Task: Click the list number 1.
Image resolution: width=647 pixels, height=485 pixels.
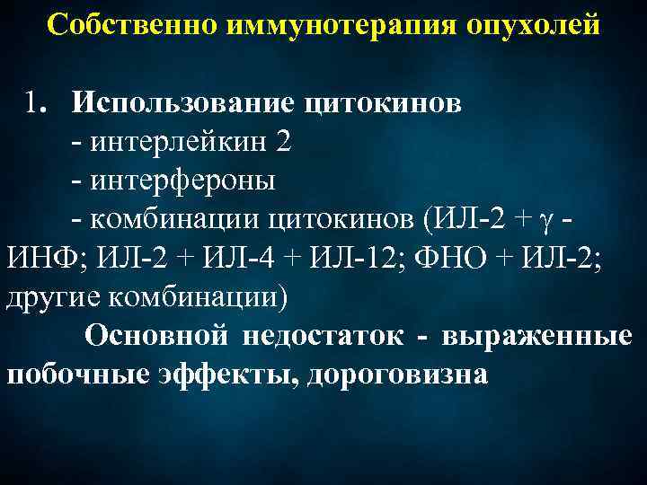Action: (35, 103)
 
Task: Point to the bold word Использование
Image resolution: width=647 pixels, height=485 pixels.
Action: (182, 103)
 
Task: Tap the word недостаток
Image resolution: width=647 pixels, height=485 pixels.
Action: (319, 336)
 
